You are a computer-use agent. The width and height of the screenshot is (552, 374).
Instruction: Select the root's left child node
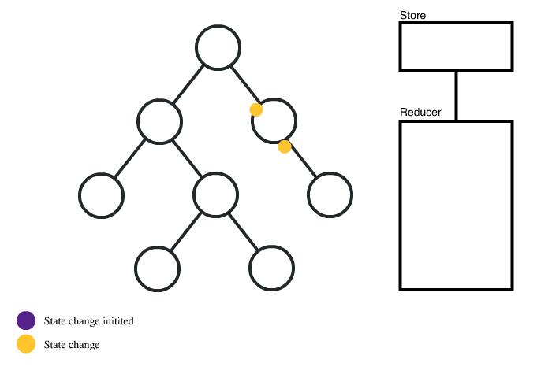[159, 120]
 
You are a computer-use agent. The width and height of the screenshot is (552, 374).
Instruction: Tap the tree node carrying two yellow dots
[274, 120]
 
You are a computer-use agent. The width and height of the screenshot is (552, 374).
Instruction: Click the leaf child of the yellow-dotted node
[330, 194]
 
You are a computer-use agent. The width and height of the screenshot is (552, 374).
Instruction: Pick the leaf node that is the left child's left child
[102, 194]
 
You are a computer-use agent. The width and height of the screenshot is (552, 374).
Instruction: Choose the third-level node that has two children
[215, 194]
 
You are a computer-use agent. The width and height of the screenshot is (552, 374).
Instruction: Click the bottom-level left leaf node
[158, 268]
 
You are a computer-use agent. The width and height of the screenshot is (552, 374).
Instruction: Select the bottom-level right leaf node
[272, 268]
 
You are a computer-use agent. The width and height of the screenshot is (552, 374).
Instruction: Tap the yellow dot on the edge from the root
[256, 109]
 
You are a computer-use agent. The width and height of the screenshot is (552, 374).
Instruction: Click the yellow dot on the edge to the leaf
[285, 146]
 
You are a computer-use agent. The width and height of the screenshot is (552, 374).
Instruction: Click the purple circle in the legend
[26, 320]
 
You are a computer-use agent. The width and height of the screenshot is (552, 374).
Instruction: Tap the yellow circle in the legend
[26, 344]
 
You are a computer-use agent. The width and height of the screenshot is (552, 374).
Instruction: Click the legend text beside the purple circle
[88, 321]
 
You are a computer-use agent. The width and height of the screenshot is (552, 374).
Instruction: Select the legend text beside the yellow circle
[72, 345]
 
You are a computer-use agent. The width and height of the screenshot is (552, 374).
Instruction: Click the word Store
[413, 15]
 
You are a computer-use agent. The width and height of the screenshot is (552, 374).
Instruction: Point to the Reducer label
[420, 113]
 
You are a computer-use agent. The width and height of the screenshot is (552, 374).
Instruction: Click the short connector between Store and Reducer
[457, 96]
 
